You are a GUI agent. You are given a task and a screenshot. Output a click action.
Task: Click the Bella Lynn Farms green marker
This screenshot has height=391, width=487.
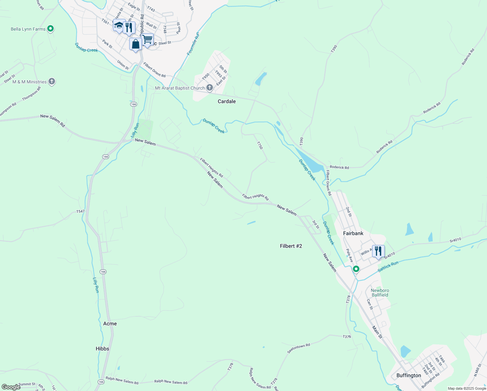point(50,29)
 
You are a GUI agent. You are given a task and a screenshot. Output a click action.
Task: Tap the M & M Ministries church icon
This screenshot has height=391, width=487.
point(52,81)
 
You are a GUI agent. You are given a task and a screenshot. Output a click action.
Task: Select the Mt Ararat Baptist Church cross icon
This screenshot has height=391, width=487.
point(210,88)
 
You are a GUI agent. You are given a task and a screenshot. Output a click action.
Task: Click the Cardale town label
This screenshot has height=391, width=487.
point(227,101)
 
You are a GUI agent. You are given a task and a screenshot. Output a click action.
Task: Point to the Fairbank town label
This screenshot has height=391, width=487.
point(353,233)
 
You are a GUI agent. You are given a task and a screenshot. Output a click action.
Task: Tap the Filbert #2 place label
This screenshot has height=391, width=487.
point(291,246)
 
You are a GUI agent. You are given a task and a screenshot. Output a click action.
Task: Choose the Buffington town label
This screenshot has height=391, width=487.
point(409,375)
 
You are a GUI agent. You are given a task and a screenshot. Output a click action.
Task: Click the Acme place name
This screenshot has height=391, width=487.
point(110,324)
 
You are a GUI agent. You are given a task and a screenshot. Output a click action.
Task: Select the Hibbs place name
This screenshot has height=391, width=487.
point(102,349)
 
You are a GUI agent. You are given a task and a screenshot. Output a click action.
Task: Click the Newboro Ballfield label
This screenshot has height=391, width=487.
point(380,293)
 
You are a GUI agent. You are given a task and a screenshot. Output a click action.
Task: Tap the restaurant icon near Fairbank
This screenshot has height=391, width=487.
point(378,251)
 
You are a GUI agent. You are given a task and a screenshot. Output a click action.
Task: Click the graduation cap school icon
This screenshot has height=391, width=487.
point(119,25)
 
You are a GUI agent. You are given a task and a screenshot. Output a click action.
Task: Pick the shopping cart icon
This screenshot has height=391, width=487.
point(147,40)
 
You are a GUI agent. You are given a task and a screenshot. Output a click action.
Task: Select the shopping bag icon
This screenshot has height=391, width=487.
point(135,44)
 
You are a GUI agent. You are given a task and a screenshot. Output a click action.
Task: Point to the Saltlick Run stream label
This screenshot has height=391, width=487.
point(388,267)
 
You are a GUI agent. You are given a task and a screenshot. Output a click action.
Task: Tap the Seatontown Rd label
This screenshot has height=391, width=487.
point(299,348)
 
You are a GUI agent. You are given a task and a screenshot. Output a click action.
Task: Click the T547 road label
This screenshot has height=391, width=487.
point(80,211)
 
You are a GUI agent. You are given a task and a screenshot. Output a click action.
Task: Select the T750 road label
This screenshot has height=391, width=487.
point(259,145)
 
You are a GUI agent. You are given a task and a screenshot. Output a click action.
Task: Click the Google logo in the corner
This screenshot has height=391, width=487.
point(11,387)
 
